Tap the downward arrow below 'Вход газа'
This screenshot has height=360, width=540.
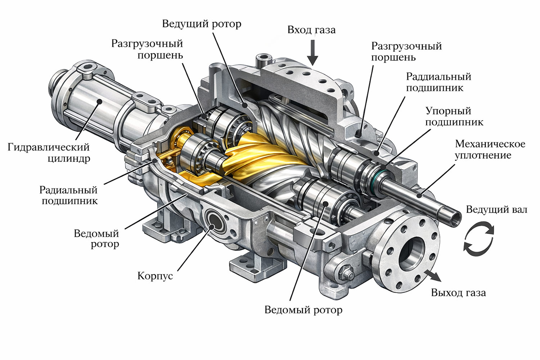click(313, 53)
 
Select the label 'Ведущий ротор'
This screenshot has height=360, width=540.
click(202, 24)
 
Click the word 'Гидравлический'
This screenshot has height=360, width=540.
click(49, 147)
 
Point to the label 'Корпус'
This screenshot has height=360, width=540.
click(155, 276)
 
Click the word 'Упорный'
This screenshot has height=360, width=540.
click(449, 111)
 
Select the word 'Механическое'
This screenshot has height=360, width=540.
click(490, 144)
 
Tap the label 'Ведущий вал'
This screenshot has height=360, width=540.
click(496, 210)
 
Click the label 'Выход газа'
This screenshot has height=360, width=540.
click(458, 293)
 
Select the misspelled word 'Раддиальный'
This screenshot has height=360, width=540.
click(438, 77)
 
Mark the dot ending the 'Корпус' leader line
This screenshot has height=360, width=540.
click(212, 227)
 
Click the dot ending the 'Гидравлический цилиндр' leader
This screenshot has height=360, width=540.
click(99, 102)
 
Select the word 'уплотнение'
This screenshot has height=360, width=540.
click(483, 156)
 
